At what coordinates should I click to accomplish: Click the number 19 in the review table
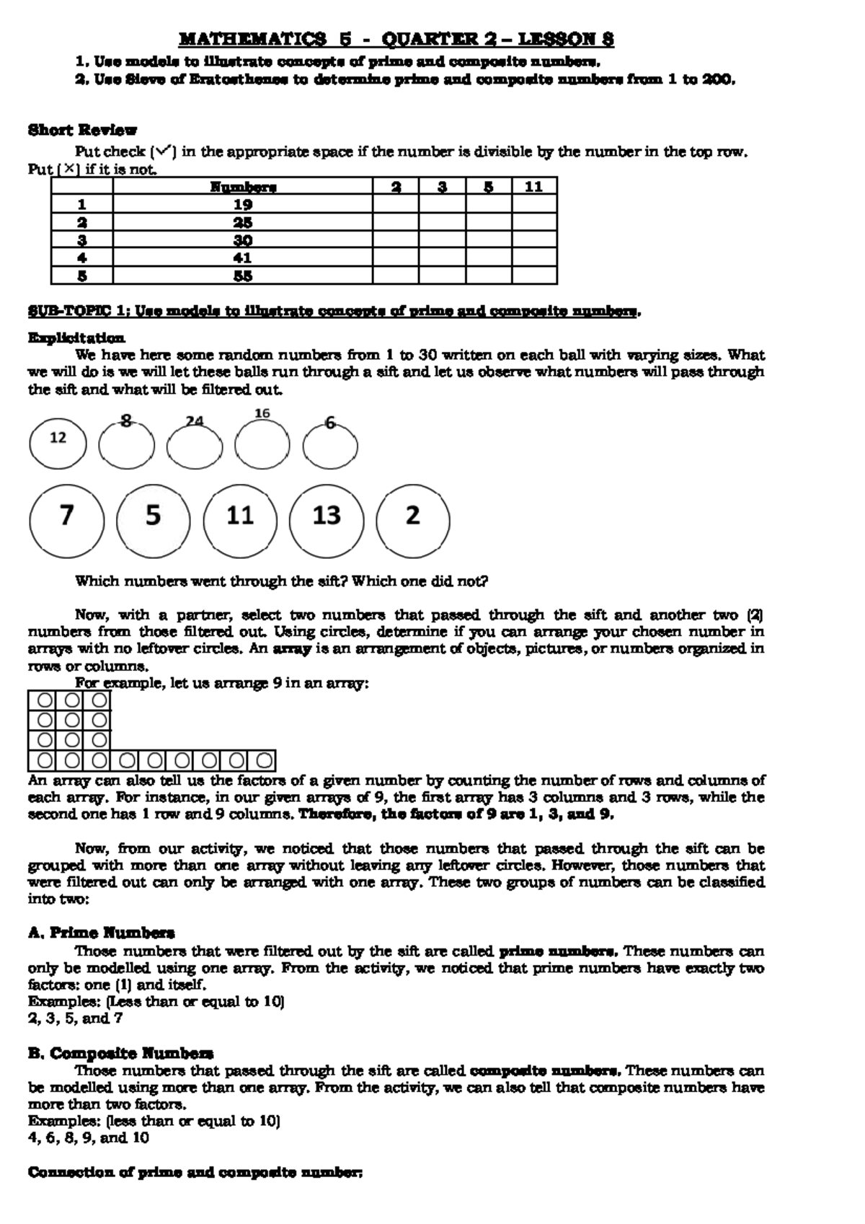[243, 204]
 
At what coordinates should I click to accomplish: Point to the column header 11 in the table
[533, 187]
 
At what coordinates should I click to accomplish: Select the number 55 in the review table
[243, 276]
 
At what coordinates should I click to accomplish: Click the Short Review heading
[82, 131]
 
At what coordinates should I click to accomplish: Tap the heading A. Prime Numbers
[101, 933]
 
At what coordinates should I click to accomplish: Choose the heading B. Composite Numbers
[120, 1053]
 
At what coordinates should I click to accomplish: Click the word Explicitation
[76, 338]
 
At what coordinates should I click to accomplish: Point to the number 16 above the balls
[262, 413]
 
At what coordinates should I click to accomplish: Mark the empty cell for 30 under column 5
[488, 239]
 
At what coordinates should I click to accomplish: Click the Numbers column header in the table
[243, 187]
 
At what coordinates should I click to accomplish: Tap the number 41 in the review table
[243, 257]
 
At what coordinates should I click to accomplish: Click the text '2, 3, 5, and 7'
[75, 1018]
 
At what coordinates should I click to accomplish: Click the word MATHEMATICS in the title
[252, 39]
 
